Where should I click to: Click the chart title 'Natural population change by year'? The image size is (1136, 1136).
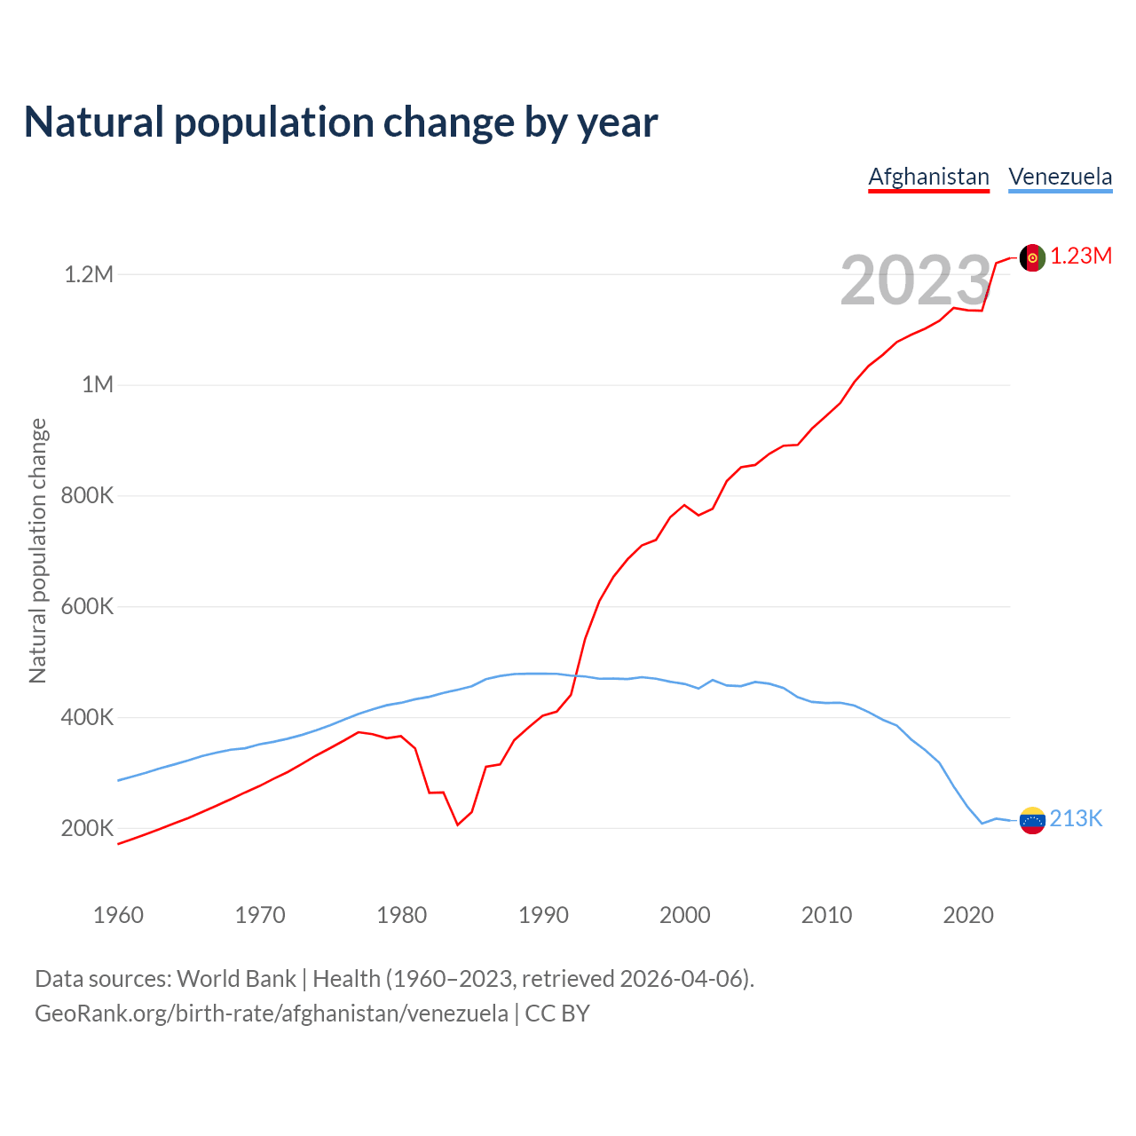341,122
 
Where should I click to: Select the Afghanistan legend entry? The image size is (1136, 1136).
928,177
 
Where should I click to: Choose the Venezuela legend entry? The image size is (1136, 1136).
1060,177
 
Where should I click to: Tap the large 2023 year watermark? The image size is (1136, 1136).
915,280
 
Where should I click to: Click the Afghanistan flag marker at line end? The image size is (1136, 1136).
1032,257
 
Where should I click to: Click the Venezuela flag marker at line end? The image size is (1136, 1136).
1032,820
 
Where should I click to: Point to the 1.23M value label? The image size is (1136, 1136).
1081,256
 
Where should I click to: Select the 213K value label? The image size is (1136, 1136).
1076,819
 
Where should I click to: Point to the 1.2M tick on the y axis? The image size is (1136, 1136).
89,274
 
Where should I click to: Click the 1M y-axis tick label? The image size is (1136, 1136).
98,385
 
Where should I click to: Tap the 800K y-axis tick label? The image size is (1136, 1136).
87,496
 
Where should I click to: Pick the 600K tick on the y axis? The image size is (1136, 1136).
87,607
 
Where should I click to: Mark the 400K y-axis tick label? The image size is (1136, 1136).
87,718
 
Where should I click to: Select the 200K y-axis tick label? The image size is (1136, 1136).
87,829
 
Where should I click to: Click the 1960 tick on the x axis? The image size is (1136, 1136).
118,915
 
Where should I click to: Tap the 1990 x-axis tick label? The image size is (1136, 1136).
543,915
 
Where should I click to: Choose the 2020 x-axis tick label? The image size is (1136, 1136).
968,915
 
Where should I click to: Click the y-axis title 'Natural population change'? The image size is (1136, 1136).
38,551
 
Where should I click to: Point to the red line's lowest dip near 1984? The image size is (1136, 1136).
458,824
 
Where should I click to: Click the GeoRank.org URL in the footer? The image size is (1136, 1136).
272,1014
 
